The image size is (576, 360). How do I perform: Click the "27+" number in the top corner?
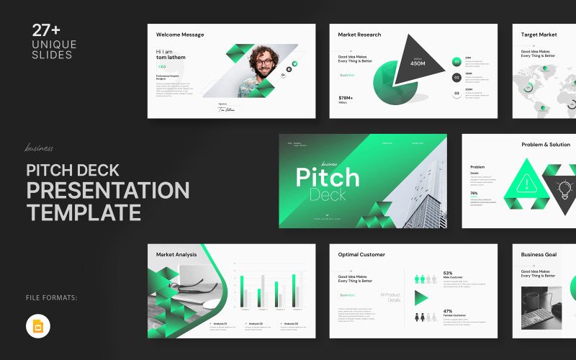pos(46,30)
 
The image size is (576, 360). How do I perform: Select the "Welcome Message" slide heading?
pos(180,35)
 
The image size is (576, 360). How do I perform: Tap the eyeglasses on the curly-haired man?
pos(264,62)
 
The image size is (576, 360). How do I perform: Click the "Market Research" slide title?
pos(360,35)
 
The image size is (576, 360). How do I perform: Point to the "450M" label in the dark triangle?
pos(418,63)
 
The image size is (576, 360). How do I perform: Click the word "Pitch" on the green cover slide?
pos(328,177)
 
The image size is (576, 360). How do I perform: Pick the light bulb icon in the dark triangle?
pos(564,189)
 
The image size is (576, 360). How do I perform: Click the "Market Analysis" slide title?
pos(177,254)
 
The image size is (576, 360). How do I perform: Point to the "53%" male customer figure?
pos(448,274)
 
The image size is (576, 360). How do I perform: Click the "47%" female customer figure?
pos(448,312)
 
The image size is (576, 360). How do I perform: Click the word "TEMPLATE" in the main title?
pos(84,212)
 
